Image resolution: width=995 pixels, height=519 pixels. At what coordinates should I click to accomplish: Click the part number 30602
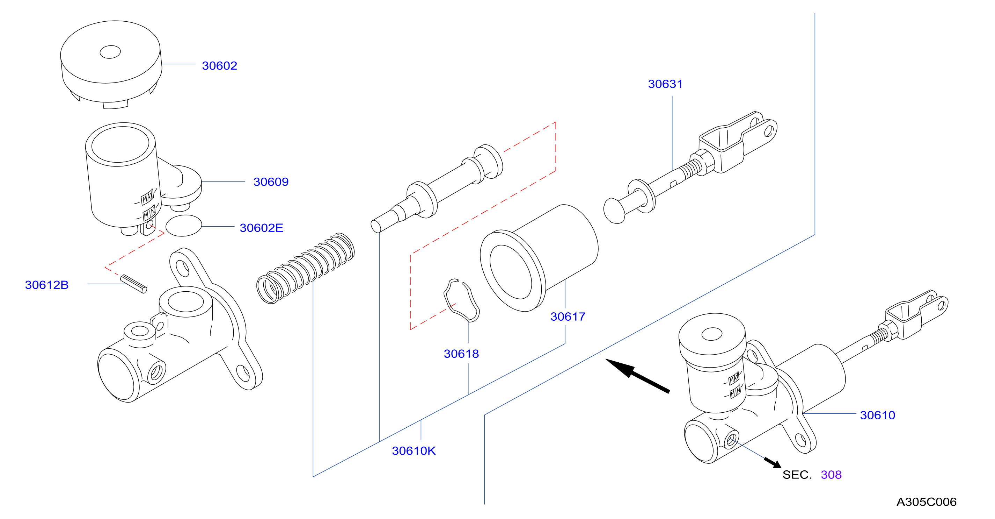[219, 66]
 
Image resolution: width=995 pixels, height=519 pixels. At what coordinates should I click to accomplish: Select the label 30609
[271, 182]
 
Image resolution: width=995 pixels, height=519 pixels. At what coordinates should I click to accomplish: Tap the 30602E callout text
[261, 228]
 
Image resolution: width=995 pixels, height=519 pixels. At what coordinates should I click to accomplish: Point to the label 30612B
[47, 285]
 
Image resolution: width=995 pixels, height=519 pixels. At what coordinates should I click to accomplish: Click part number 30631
[665, 84]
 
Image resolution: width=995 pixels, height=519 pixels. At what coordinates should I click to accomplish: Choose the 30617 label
[568, 317]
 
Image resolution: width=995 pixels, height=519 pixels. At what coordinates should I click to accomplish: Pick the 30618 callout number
[461, 354]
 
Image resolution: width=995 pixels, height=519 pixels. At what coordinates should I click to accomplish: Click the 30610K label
[414, 451]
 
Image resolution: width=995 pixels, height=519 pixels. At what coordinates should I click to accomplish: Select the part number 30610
[877, 415]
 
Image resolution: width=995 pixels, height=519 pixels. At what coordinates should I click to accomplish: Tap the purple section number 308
[831, 475]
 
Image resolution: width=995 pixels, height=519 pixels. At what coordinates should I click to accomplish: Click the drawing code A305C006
[926, 502]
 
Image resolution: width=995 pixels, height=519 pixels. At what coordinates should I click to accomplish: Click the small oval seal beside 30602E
[184, 226]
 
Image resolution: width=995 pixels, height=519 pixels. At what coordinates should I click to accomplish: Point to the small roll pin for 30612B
[134, 284]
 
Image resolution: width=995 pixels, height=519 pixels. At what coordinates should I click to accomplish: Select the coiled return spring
[305, 268]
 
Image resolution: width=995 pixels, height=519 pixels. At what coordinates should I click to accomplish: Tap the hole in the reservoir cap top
[110, 52]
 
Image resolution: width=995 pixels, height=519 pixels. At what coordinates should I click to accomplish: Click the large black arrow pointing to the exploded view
[637, 376]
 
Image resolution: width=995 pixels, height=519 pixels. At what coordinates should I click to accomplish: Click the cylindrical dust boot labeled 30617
[539, 258]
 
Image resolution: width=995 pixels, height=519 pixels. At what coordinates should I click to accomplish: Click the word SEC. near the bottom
[797, 475]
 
